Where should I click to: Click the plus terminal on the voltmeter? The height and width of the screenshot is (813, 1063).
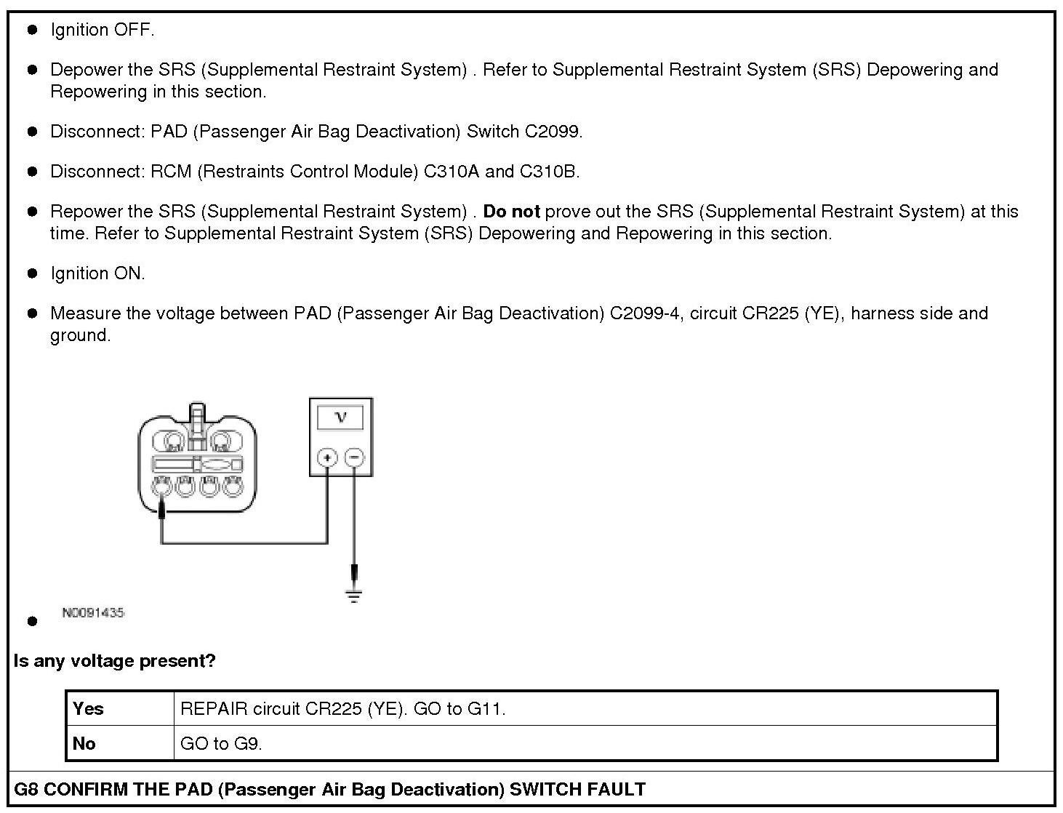point(327,457)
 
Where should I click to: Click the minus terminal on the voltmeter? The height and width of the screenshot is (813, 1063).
point(353,457)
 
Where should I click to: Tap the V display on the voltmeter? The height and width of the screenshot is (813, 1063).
point(340,417)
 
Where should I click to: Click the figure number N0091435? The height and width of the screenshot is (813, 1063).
point(93,613)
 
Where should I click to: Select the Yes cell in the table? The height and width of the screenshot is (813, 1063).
point(89,708)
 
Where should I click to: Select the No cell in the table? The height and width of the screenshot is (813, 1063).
point(84,743)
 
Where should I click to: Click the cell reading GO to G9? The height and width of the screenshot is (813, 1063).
point(221,743)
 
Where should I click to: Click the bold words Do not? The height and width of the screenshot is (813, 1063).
point(511,212)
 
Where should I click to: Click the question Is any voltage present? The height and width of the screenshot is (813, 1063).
point(115,661)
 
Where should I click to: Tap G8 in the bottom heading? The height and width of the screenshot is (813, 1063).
point(27,790)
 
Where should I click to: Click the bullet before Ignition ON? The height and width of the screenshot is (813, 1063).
point(32,274)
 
